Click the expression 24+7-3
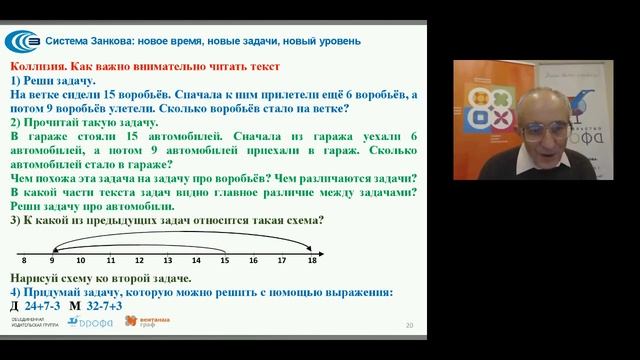[43, 305]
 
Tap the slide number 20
[409, 325]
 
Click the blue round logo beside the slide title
[23, 41]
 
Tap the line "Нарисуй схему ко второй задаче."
[98, 277]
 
